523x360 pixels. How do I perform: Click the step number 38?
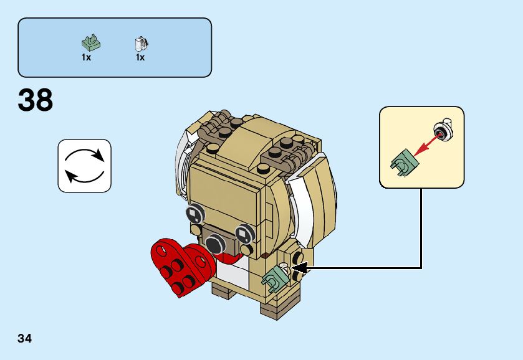[x=36, y=100]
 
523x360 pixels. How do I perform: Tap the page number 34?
[x=25, y=339]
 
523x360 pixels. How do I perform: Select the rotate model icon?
[x=84, y=165]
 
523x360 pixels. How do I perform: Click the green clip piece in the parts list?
[x=91, y=43]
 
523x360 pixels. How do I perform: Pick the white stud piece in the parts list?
[x=141, y=44]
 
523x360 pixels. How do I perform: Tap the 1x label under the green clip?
[x=86, y=57]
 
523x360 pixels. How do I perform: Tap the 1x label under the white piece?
[x=140, y=57]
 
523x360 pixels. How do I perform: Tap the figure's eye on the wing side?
[x=244, y=234]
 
